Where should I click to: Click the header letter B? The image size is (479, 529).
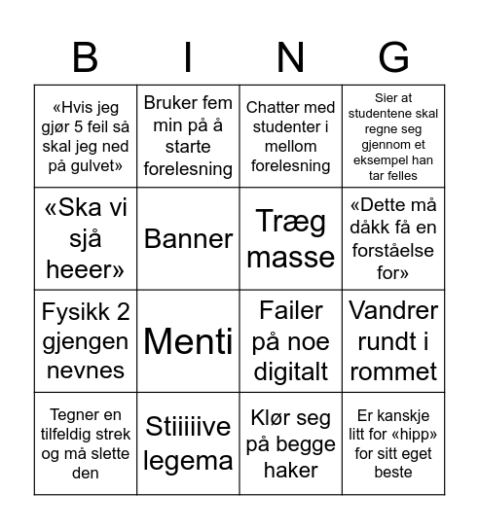[86, 57]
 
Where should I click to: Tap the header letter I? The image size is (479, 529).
[188, 57]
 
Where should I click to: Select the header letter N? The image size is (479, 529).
[290, 57]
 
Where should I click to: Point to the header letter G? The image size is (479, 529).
[392, 57]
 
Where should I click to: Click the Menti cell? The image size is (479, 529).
[188, 340]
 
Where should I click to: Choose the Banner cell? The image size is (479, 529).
[188, 238]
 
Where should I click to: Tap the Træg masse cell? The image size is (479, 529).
[290, 238]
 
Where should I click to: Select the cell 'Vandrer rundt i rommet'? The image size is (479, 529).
[392, 340]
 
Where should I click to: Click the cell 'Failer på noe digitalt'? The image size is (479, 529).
[290, 340]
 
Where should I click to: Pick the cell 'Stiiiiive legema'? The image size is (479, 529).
[188, 442]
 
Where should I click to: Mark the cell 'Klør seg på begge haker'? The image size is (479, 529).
[290, 442]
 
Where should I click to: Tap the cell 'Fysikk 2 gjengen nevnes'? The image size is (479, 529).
[86, 340]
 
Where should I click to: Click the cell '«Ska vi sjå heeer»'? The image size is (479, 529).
[86, 238]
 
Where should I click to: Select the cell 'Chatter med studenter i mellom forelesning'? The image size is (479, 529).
[290, 136]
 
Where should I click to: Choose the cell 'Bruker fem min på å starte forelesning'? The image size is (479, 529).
[188, 136]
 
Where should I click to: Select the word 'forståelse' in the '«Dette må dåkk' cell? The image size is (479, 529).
[392, 250]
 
